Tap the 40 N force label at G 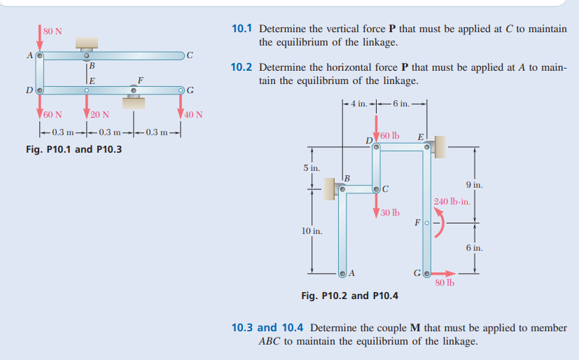[x=193, y=114]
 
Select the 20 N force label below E [x=99, y=114]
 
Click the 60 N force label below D [x=53, y=114]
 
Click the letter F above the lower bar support [x=140, y=80]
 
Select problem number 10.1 [x=242, y=29]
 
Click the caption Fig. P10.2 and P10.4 [x=349, y=296]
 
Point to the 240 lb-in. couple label [x=452, y=202]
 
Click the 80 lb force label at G [x=444, y=283]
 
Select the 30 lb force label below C [x=390, y=212]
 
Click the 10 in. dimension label [x=312, y=231]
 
